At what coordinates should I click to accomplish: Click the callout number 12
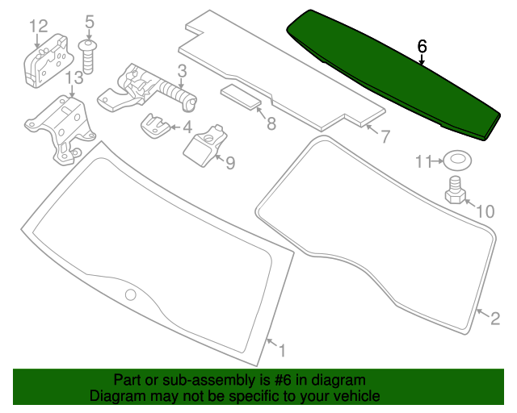tap(39, 26)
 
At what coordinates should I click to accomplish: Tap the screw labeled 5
tap(88, 56)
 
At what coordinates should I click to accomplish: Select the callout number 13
tap(74, 78)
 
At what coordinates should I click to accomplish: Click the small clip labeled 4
tap(154, 126)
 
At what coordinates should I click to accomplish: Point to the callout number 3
tap(183, 72)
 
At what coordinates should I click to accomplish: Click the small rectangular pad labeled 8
tap(241, 97)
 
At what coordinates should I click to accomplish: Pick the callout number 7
tap(385, 136)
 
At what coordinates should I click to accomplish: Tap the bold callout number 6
tap(422, 47)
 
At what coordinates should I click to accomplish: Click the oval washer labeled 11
tap(457, 161)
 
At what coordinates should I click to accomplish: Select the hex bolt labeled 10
tap(456, 190)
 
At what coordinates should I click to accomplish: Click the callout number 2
tap(495, 319)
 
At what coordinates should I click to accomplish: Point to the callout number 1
tap(282, 351)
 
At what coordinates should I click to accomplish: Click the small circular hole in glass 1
tap(131, 294)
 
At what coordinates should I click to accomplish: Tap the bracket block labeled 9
tap(205, 145)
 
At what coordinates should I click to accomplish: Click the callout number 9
tap(230, 163)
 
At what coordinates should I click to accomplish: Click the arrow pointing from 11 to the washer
tap(438, 161)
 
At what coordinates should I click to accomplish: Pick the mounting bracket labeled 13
tap(60, 130)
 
